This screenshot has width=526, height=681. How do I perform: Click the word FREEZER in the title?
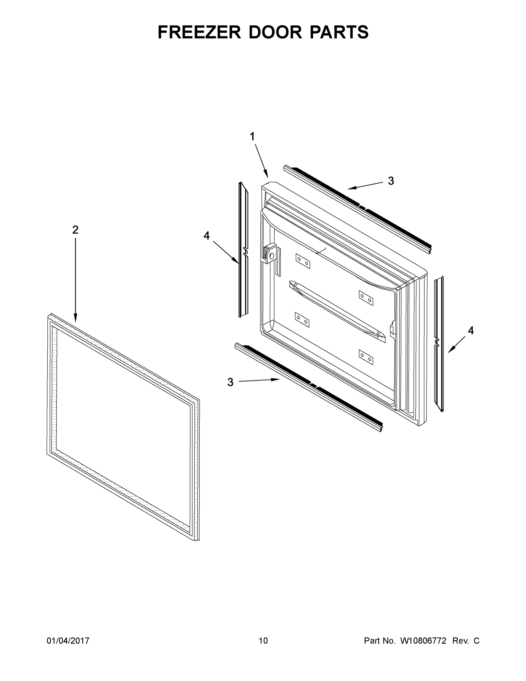(x=199, y=32)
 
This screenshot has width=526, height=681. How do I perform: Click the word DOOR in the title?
(x=275, y=32)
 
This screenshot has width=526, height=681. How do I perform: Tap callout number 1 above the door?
(x=252, y=136)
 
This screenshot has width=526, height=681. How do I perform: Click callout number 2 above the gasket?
(x=75, y=230)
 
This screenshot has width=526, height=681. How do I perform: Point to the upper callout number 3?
(x=391, y=181)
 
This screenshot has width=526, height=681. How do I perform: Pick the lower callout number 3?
(x=230, y=382)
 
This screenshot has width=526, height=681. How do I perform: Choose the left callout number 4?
(x=207, y=236)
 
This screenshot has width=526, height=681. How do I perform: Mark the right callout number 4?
(x=471, y=331)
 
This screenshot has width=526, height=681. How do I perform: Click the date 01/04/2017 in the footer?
(x=68, y=641)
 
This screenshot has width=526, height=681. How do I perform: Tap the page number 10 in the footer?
(x=263, y=641)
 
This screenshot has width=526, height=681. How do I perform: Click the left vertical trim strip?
(x=244, y=249)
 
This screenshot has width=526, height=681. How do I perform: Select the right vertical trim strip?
(x=439, y=343)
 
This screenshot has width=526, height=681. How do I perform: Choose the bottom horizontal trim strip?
(x=309, y=387)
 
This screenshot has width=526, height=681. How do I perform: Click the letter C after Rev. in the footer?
(x=476, y=641)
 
